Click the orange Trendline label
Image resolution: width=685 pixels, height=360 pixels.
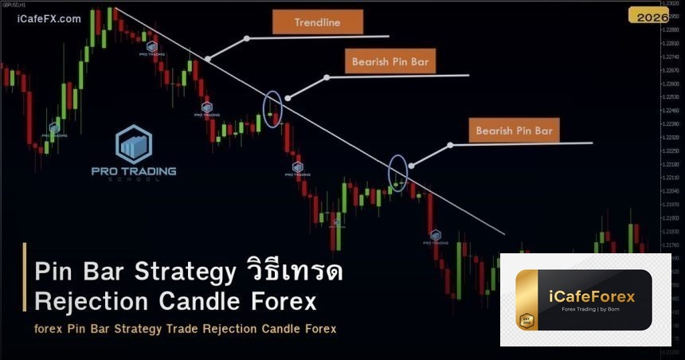tap(317, 22)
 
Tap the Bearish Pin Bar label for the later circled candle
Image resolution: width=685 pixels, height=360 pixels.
tap(514, 130)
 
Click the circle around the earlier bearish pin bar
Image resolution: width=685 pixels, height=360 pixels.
tap(272, 111)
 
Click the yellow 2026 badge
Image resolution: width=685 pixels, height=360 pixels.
tap(649, 16)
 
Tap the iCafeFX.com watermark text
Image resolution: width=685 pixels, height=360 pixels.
tap(49, 19)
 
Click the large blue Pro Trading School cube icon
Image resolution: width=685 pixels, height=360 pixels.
tap(133, 144)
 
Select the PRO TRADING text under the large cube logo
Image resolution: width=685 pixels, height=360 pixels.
tap(134, 170)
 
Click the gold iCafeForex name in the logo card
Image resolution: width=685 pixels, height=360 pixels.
tap(593, 296)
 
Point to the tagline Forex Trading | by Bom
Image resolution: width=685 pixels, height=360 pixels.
tap(592, 311)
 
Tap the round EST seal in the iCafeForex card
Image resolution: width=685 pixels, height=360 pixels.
tap(526, 320)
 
